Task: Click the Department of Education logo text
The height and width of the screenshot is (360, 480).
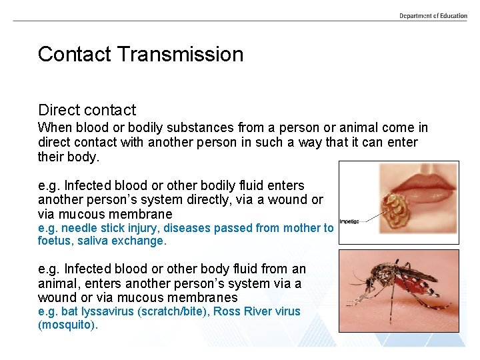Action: click(x=433, y=16)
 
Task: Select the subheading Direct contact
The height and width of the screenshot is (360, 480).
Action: click(x=87, y=110)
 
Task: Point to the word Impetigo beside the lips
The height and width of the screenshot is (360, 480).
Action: click(x=350, y=221)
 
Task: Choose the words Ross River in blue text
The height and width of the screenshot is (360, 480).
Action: click(x=235, y=311)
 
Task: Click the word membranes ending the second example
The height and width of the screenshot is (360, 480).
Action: click(x=206, y=297)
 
